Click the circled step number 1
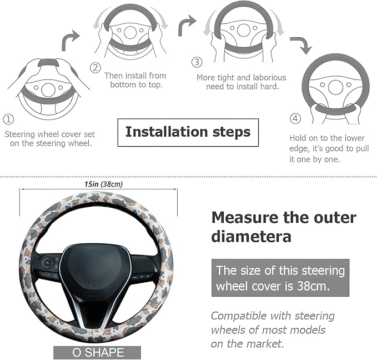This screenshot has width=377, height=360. pos(9,119)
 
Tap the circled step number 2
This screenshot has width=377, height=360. pos(95,68)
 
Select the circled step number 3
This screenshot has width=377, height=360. pos(196,62)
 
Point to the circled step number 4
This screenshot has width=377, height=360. pos(295,119)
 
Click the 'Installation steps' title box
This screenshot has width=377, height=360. pos(188,132)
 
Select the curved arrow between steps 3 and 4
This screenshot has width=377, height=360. pos(300,45)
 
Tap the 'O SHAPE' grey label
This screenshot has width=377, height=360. pos(97,353)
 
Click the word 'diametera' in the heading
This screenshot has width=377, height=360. pos(251,237)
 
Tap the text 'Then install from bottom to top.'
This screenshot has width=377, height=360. pos(135,81)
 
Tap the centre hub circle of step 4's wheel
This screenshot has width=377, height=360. pos(335,87)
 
